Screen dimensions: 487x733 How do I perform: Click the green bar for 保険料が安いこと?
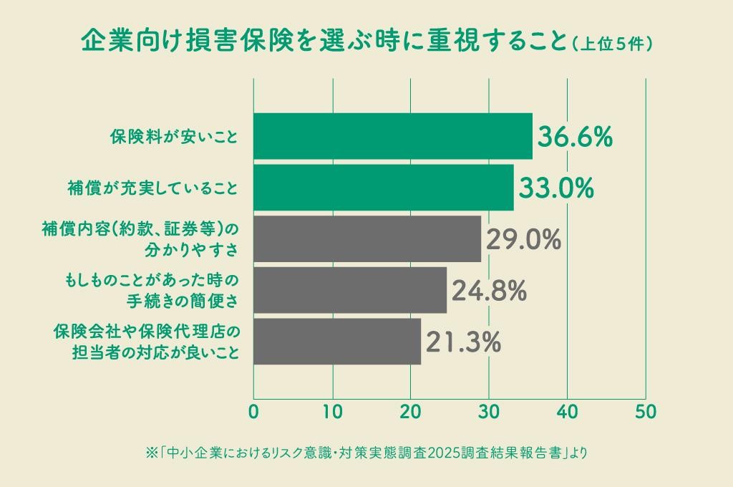tap(393, 136)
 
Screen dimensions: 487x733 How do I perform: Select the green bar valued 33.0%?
tap(384, 188)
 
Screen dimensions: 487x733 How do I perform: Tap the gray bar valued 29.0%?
tap(367, 239)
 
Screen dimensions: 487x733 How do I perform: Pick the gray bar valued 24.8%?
tap(350, 290)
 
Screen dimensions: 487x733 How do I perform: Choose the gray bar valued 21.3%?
tap(337, 342)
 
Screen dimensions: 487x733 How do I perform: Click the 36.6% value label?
tap(576, 137)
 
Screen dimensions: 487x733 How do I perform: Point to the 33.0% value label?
tap(556, 188)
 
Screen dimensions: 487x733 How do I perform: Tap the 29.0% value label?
tap(523, 240)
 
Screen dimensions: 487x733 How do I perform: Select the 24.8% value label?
tap(490, 291)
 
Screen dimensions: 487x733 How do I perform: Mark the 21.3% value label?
tap(463, 342)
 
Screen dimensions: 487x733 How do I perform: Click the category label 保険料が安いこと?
tap(173, 137)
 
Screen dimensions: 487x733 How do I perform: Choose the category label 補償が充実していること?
tap(151, 188)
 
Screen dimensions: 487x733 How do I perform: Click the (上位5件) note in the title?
tap(613, 42)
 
